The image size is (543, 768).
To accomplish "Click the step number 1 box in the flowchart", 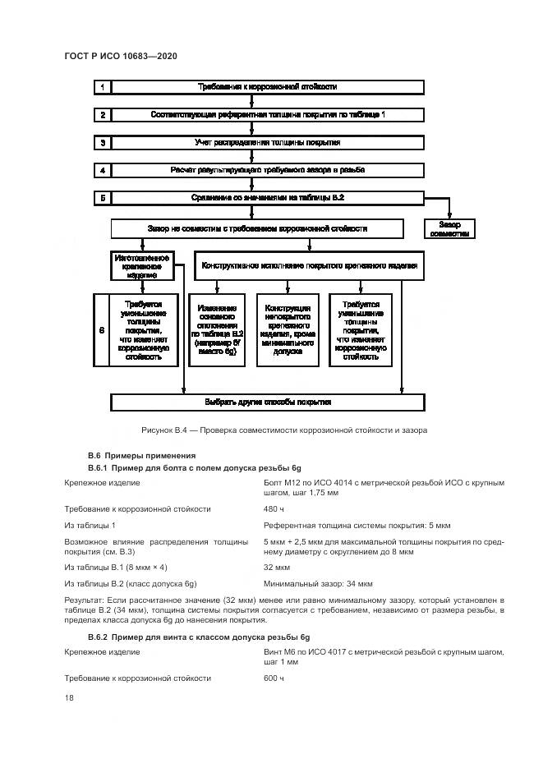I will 102,87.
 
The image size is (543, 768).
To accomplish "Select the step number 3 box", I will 102,143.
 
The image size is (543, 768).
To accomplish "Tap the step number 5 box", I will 102,198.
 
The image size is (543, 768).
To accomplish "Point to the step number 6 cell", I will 102,329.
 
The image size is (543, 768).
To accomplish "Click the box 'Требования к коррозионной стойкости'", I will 268,87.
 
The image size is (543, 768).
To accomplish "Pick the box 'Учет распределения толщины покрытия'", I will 268,143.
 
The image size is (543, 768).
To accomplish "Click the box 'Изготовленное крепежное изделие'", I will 140,266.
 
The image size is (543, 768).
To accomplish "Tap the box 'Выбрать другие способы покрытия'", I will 268,402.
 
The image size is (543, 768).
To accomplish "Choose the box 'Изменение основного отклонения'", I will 218,329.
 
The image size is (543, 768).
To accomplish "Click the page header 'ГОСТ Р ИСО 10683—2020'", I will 122,56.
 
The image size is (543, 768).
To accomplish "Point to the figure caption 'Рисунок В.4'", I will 283,430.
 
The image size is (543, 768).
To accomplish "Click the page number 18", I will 69,697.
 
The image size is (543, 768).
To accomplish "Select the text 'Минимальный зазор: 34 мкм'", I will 318,583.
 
